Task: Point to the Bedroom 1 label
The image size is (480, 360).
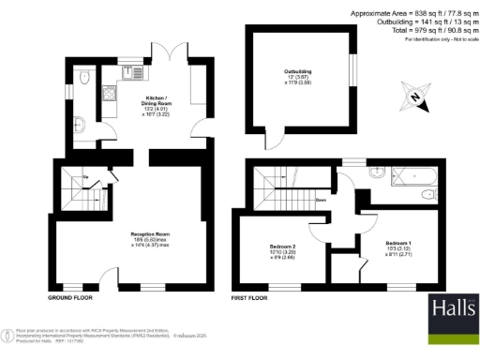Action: click(398, 245)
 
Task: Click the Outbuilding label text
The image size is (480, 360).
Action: click(298, 71)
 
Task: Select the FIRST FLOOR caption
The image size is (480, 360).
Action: click(249, 296)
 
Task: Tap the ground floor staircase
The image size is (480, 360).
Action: click(83, 192)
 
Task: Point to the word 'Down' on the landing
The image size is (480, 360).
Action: click(321, 199)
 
